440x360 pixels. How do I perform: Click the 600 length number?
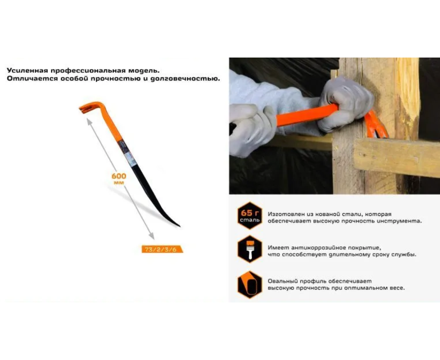pos(119,176)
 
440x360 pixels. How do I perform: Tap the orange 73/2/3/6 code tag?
pos(162,249)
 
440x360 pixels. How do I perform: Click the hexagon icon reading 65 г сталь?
pos(250,215)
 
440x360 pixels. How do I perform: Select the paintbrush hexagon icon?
pos(250,249)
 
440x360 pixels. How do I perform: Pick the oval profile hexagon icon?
pos(250,285)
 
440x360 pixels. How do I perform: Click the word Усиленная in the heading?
pos(27,70)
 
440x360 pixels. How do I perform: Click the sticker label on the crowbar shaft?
pos(128,153)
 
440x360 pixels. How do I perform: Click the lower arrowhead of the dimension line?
pos(151,236)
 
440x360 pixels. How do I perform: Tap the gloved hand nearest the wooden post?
pos(345,103)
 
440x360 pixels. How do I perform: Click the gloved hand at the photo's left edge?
pos(252,129)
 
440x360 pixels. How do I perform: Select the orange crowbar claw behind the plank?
pos(375,125)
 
